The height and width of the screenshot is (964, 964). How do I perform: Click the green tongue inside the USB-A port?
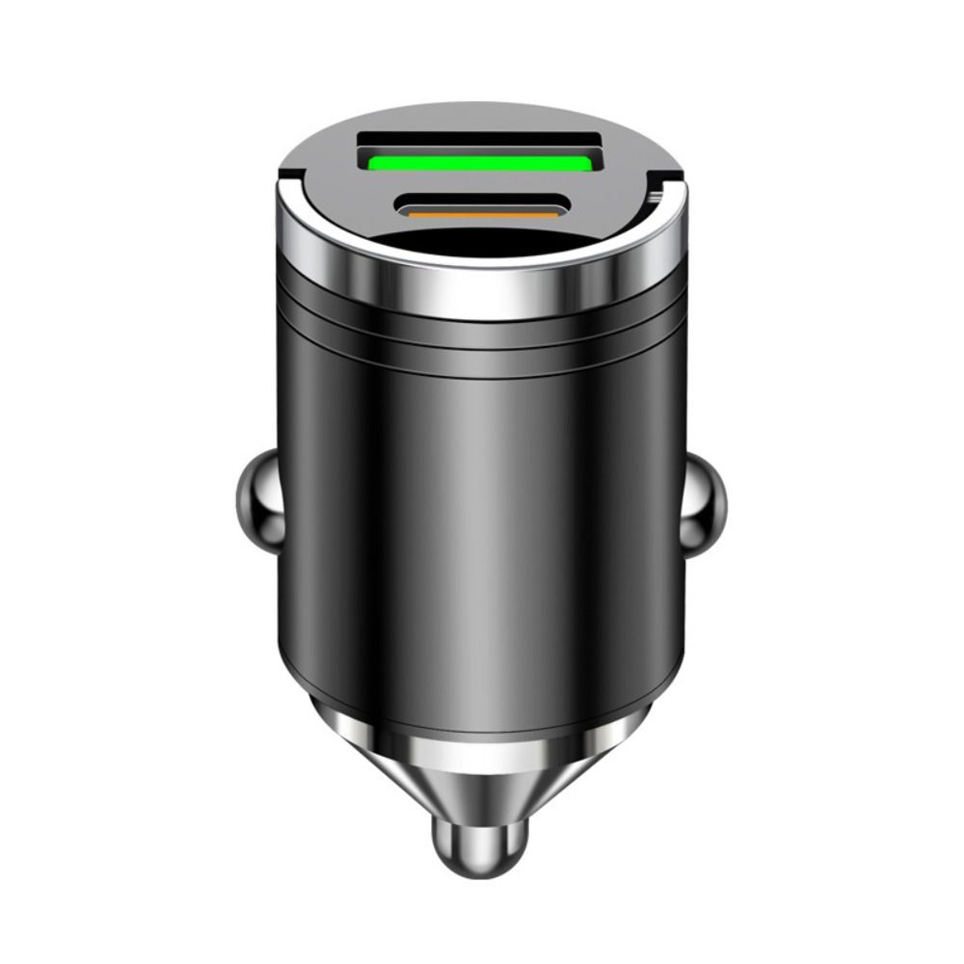479,162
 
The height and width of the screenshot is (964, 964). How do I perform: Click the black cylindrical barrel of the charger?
479,530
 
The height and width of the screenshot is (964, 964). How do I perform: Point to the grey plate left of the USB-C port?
347,207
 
